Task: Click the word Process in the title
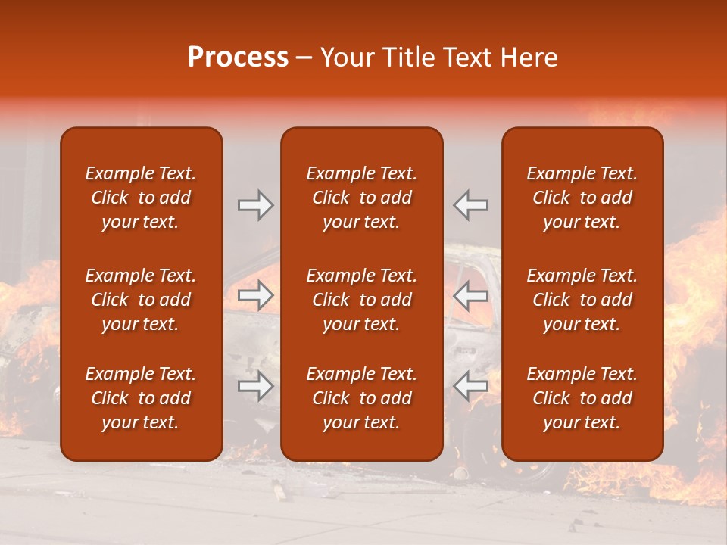pos(238,58)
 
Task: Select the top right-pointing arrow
pos(256,205)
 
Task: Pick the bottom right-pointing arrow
pos(256,386)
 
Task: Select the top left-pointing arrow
pos(470,205)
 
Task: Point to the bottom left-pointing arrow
pos(470,386)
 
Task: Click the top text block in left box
pos(141,198)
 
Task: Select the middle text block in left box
pos(141,300)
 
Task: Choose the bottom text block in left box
pos(141,398)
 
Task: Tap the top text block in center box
pos(361,198)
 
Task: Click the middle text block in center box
pos(361,300)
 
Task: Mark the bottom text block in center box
pos(361,398)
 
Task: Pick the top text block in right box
pos(582,198)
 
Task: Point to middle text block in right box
pos(582,300)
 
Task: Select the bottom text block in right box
pos(582,398)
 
